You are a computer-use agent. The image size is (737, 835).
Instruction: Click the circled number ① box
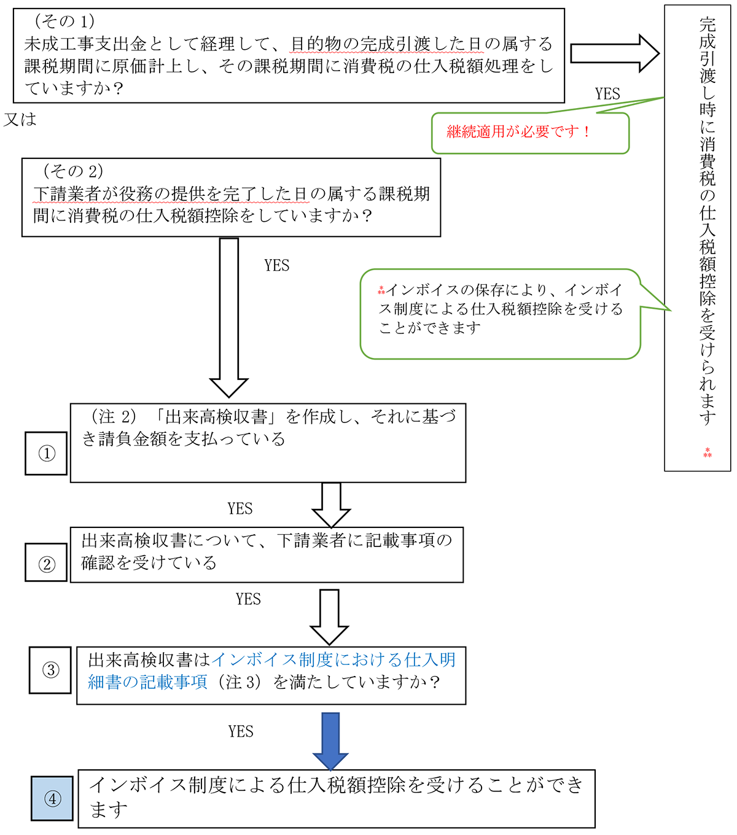coord(46,453)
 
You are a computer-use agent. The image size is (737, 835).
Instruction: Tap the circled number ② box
coord(46,562)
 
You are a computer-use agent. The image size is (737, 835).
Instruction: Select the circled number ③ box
coord(50,670)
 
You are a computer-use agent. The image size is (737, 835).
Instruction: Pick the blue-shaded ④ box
coord(52,798)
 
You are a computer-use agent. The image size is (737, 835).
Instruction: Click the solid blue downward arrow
coord(330,741)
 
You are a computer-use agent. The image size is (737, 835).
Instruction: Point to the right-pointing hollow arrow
coord(615,53)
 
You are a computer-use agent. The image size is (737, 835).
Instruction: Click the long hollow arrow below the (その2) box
coord(229,317)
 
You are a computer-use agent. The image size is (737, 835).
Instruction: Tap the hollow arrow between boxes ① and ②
coord(331,505)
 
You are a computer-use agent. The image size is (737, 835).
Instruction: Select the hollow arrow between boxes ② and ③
coord(329,617)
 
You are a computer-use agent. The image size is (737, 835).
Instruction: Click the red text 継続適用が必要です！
coord(518,131)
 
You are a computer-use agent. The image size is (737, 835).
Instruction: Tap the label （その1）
coord(64,21)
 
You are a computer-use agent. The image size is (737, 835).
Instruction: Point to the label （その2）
coord(73,171)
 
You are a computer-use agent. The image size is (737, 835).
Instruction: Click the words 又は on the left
coord(20,120)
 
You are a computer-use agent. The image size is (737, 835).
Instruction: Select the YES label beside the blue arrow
coord(240,731)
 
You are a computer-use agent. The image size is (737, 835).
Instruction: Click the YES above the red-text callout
coord(607,94)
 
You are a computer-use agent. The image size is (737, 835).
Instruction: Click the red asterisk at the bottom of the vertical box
coord(708,452)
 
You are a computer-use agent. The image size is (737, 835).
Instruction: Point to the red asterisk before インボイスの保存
coord(381,290)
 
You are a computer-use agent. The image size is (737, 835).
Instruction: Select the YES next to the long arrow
coord(277,265)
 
